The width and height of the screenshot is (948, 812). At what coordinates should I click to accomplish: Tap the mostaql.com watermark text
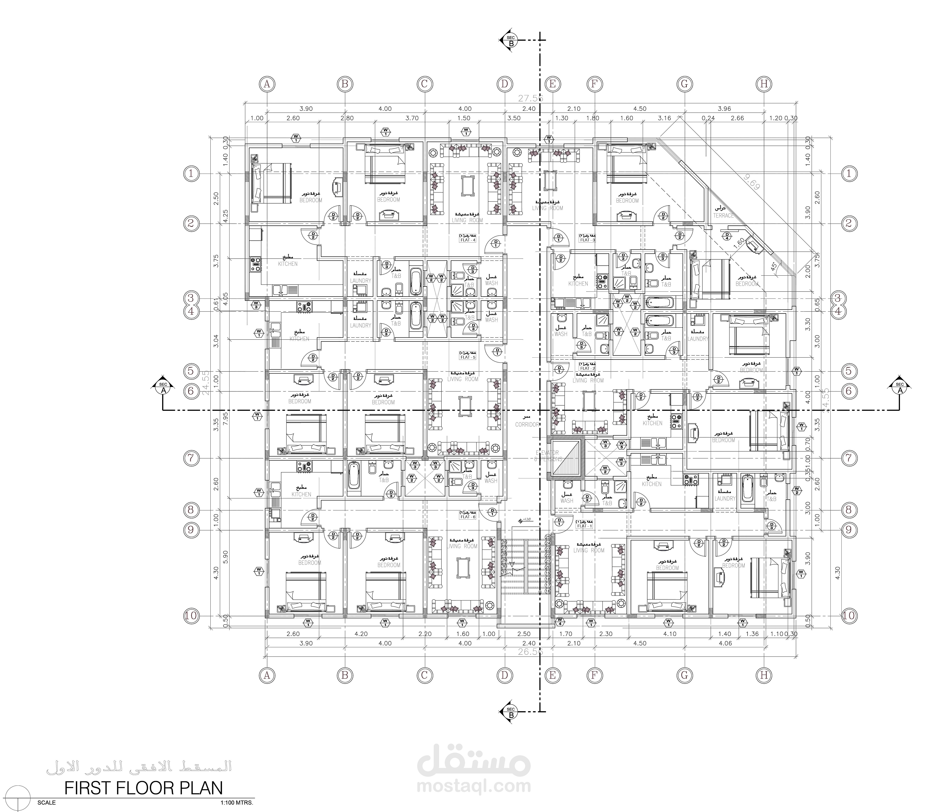pos(474,786)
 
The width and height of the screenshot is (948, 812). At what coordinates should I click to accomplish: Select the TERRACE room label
pos(723,215)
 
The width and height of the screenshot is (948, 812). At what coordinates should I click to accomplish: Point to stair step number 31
pos(504,571)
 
